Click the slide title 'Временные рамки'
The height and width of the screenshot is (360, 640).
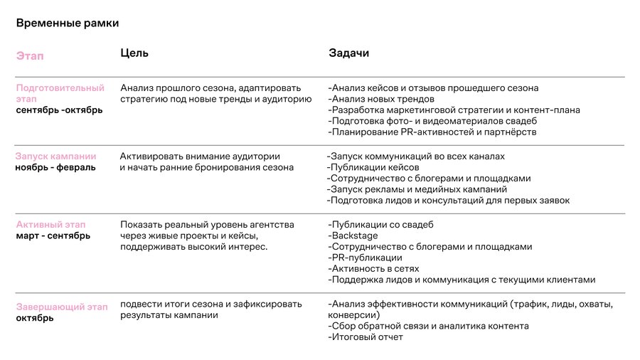(x=68, y=23)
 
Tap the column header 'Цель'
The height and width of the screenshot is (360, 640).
(x=134, y=53)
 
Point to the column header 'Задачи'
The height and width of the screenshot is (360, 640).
(x=348, y=53)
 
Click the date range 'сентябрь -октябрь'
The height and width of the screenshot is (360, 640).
(x=59, y=110)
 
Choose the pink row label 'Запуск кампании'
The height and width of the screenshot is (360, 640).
(x=56, y=157)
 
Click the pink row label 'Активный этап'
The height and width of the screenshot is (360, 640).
(x=50, y=225)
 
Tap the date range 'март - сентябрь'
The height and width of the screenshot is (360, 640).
(x=53, y=236)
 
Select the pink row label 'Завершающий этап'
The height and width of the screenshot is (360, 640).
(x=62, y=307)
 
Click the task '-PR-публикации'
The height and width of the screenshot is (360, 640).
(x=365, y=258)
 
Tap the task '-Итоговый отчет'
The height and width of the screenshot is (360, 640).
(x=366, y=337)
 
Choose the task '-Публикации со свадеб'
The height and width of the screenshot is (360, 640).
(x=380, y=225)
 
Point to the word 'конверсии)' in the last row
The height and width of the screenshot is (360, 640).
(x=354, y=315)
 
